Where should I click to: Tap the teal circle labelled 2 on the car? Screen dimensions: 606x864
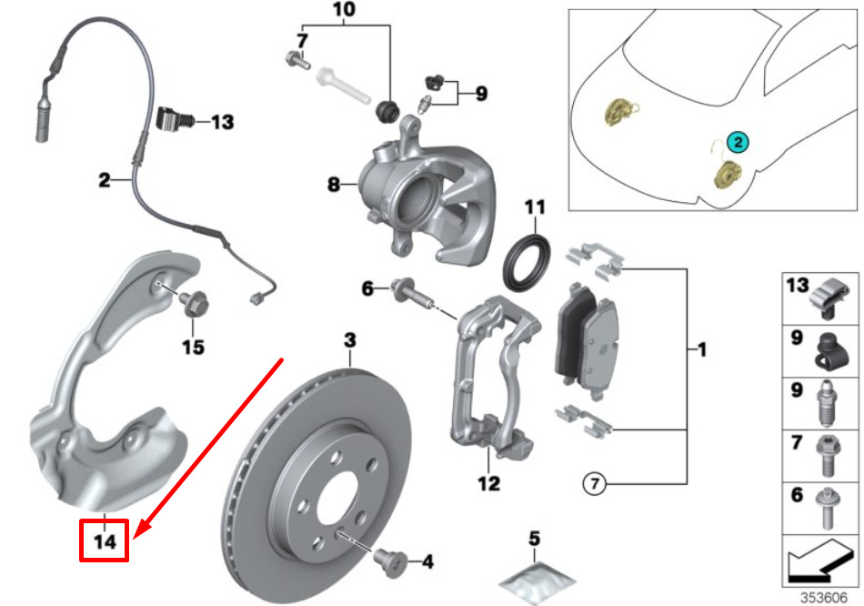[738, 142]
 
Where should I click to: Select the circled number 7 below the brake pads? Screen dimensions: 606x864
[593, 485]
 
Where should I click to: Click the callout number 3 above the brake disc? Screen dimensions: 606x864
[350, 341]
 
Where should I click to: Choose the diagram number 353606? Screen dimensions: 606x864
[823, 598]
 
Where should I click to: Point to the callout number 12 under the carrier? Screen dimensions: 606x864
[490, 484]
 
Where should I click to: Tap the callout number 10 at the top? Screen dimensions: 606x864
[345, 12]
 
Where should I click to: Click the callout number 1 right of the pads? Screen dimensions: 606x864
[701, 349]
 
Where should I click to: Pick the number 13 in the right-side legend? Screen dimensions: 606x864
[798, 286]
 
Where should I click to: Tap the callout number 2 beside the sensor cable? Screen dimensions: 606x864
[104, 180]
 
